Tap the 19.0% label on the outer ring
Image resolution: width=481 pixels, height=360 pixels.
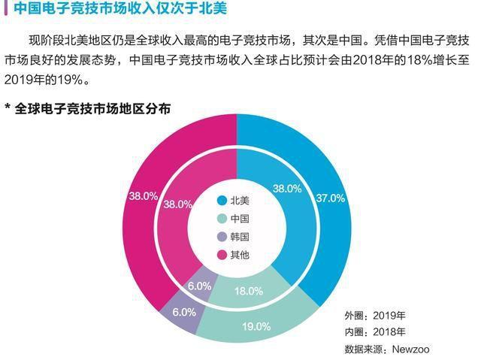256,326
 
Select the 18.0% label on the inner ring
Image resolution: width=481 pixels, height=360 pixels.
249,291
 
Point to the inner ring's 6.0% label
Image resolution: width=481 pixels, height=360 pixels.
200,286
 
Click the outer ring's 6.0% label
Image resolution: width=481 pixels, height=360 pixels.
183,311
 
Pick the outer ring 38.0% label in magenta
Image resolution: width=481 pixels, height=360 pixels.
144,195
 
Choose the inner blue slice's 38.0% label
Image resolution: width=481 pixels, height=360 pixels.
286,188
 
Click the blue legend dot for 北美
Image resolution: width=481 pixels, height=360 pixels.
222,201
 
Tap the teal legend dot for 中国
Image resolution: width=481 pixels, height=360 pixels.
222,219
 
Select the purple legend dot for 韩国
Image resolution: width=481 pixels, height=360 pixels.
222,237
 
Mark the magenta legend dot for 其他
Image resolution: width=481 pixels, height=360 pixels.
222,255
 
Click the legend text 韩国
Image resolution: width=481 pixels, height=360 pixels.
240,237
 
